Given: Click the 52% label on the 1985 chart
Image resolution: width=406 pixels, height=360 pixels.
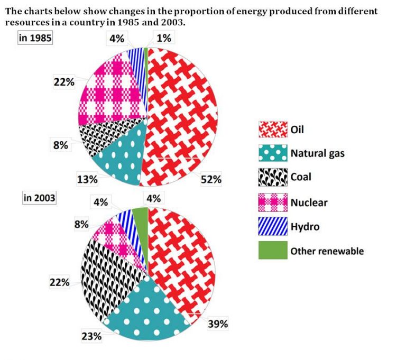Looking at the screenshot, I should coord(211,180).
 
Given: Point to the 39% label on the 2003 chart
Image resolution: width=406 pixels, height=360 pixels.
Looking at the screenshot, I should coord(217,324).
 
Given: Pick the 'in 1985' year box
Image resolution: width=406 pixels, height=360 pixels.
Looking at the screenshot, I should coord(34,40).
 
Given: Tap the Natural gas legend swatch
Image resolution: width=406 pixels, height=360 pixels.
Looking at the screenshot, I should coord(272,153).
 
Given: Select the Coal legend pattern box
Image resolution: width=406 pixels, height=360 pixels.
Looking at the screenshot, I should coord(272,177).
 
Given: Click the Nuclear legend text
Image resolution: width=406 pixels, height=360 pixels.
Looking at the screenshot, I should coord(309,202).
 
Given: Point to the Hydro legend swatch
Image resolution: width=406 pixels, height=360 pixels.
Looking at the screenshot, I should coord(272,226).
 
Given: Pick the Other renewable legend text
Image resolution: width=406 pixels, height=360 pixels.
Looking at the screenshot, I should coord(327,251).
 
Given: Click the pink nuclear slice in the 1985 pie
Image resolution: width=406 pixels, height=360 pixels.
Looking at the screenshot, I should coord(108,95).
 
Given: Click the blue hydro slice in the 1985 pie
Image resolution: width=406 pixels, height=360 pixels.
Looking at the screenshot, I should coord(136,63).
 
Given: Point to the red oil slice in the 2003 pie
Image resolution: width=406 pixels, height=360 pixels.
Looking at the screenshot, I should coord(182,259).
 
